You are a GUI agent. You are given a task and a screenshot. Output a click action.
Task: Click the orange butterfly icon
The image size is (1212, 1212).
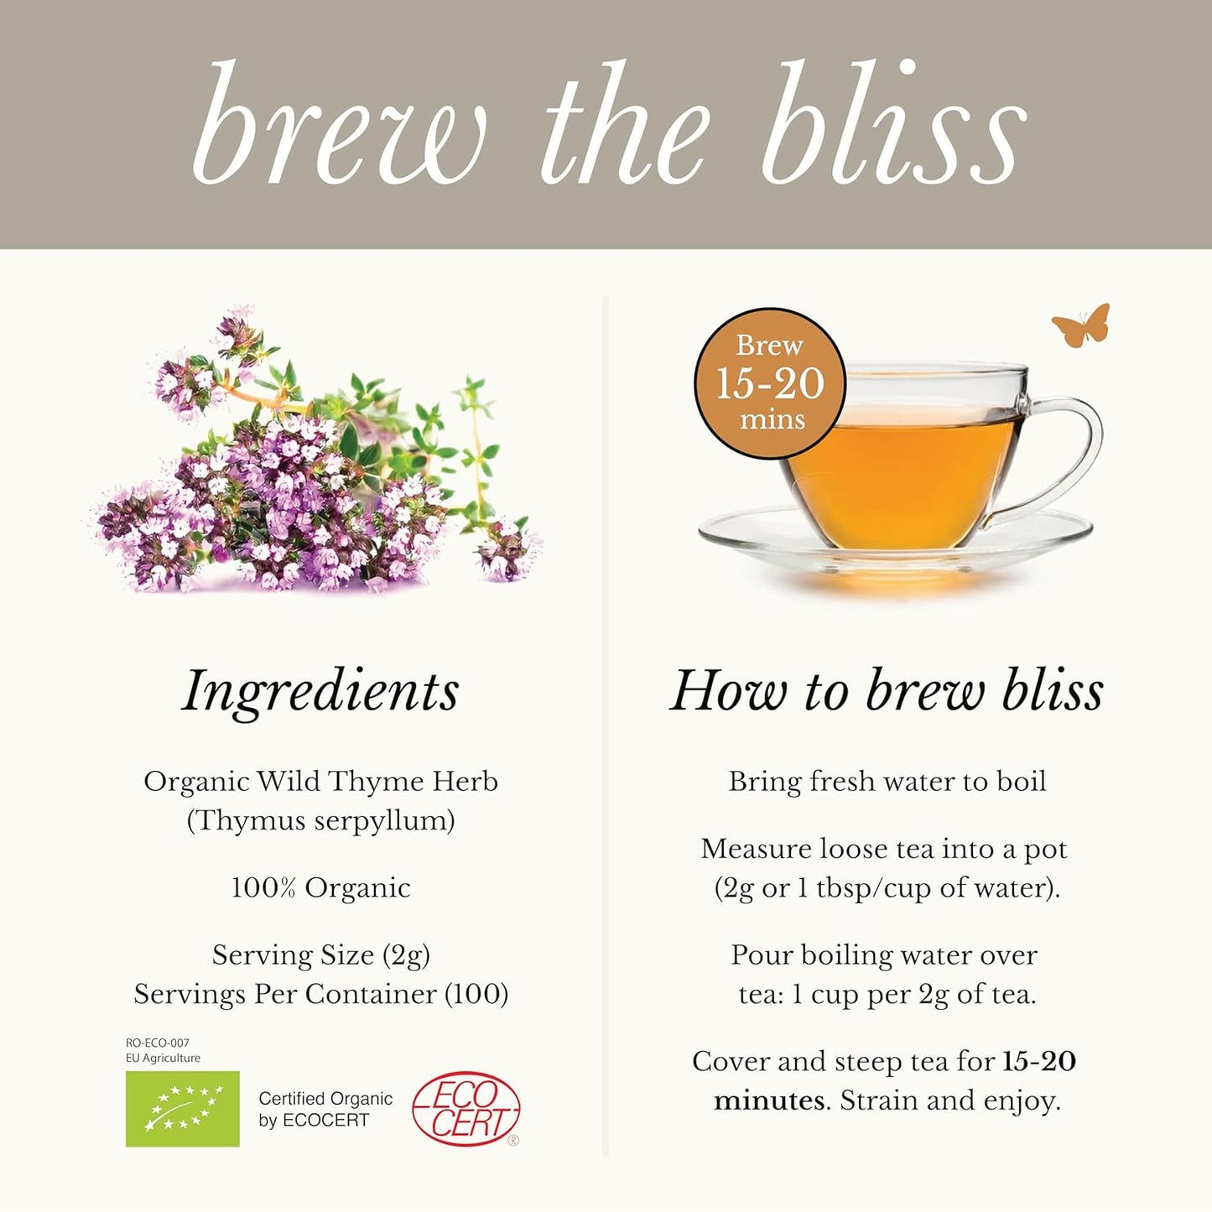tap(1081, 325)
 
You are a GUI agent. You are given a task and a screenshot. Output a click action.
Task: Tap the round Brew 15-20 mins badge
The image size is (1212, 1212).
tap(770, 383)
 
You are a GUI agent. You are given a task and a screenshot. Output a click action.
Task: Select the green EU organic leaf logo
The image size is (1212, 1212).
tap(183, 1108)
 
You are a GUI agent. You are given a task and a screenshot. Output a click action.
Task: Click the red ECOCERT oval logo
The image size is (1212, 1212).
tap(466, 1109)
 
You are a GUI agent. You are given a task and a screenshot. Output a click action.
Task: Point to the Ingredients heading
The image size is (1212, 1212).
tap(320, 691)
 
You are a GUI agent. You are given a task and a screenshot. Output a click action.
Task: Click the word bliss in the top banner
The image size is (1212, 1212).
tap(893, 126)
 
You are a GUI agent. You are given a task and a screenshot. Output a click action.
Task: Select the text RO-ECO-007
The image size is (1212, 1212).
tap(158, 1043)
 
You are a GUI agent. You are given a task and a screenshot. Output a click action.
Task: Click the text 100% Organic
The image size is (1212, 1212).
tap(320, 887)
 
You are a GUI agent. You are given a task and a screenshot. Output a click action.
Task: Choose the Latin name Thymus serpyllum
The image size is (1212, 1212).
tap(320, 820)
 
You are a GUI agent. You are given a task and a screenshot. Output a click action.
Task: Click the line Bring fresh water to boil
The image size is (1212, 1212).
tap(887, 782)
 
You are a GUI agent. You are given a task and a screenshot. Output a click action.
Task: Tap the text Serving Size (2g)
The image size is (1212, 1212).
tap(320, 955)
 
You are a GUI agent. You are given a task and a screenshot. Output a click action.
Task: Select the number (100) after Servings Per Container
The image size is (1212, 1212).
tap(476, 994)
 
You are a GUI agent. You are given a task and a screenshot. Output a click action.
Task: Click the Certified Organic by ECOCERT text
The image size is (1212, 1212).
tap(325, 1109)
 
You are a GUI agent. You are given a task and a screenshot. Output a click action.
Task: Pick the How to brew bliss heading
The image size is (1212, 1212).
tap(887, 691)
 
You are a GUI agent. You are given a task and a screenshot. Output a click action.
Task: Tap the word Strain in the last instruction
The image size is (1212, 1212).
tap(877, 1100)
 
